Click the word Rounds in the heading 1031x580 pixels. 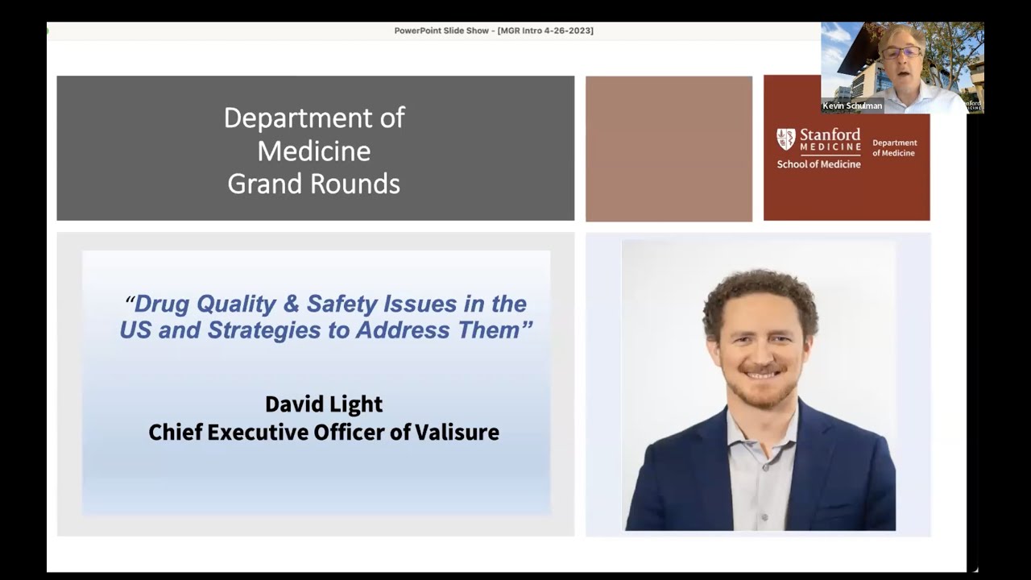357,184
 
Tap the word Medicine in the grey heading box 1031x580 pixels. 314,151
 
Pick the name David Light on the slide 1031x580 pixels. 324,404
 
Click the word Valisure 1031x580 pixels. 457,433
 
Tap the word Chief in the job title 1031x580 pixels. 175,433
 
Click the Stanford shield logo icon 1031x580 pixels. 785,139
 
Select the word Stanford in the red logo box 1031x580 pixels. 830,135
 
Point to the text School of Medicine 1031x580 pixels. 818,164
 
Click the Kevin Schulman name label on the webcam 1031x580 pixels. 852,106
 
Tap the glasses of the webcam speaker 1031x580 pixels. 901,52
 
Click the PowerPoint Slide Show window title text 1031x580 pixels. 441,31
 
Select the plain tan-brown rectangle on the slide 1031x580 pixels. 669,148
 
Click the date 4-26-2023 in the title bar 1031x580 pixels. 567,31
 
